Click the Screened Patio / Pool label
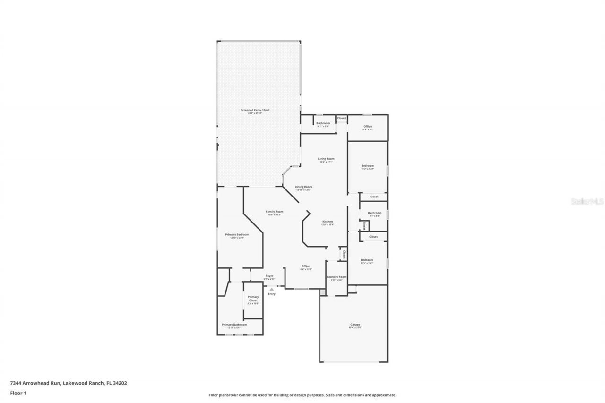tap(259, 110)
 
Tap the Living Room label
tap(326, 159)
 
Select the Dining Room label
tap(303, 187)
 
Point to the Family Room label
tap(274, 212)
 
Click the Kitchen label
tap(328, 222)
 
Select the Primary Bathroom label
tap(234, 325)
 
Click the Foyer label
tap(269, 276)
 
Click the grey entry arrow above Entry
tap(271, 289)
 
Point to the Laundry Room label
tap(337, 277)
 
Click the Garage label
tap(355, 325)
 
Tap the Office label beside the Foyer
tap(305, 266)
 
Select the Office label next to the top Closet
tap(367, 127)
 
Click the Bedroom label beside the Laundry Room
tap(367, 260)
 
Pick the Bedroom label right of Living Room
tap(368, 166)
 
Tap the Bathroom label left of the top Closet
tap(323, 123)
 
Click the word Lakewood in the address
tap(74, 383)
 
